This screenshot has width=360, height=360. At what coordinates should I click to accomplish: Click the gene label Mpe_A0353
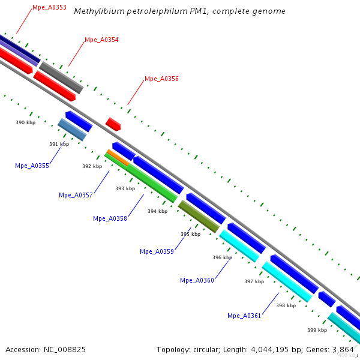[49, 7]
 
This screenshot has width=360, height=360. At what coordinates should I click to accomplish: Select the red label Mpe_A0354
[101, 40]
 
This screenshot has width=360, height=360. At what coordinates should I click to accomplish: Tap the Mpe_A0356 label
[161, 79]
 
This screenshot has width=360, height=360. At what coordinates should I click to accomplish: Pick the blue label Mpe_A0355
[32, 166]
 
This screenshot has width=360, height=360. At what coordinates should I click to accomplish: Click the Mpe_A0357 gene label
[76, 195]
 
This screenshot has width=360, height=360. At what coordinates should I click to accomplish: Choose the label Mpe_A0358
[110, 218]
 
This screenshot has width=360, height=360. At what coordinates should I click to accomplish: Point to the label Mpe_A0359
[157, 251]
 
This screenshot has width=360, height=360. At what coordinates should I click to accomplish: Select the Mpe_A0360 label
[197, 280]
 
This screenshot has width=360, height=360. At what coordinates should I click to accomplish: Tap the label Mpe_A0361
[244, 316]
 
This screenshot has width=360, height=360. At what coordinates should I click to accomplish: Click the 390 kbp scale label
[25, 122]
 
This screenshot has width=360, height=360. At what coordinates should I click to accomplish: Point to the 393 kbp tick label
[125, 188]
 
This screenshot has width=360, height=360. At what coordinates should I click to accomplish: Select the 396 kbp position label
[222, 257]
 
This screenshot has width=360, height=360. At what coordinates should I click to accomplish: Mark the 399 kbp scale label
[317, 330]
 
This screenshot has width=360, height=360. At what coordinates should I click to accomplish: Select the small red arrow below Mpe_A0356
[113, 124]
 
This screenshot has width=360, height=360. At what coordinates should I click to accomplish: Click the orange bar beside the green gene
[118, 157]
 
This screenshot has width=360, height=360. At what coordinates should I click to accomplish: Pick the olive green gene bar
[199, 217]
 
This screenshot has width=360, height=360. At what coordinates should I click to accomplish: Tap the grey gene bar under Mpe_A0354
[61, 77]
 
